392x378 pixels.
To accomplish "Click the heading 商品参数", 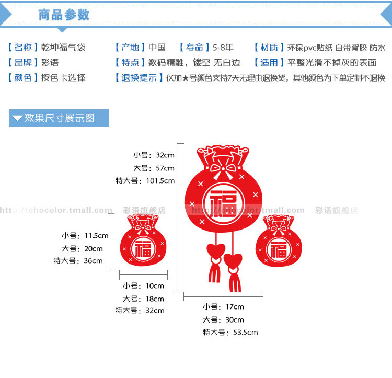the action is pyautogui.click(x=64, y=15).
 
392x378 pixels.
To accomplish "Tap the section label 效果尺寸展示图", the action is pyautogui.click(x=59, y=118).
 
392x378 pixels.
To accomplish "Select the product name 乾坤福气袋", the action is pyautogui.click(x=63, y=48).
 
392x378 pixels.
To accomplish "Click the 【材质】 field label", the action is pyautogui.click(x=269, y=48).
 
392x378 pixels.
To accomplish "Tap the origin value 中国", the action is pyautogui.click(x=157, y=48).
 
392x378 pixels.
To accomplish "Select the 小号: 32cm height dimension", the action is pyautogui.click(x=154, y=155).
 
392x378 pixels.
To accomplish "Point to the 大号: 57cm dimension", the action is pyautogui.click(x=154, y=168).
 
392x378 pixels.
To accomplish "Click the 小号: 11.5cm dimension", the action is pyautogui.click(x=85, y=236).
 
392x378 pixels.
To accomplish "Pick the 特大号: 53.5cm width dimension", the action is pyautogui.click(x=230, y=332).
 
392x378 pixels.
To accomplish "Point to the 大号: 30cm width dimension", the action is pyautogui.click(x=223, y=319).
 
